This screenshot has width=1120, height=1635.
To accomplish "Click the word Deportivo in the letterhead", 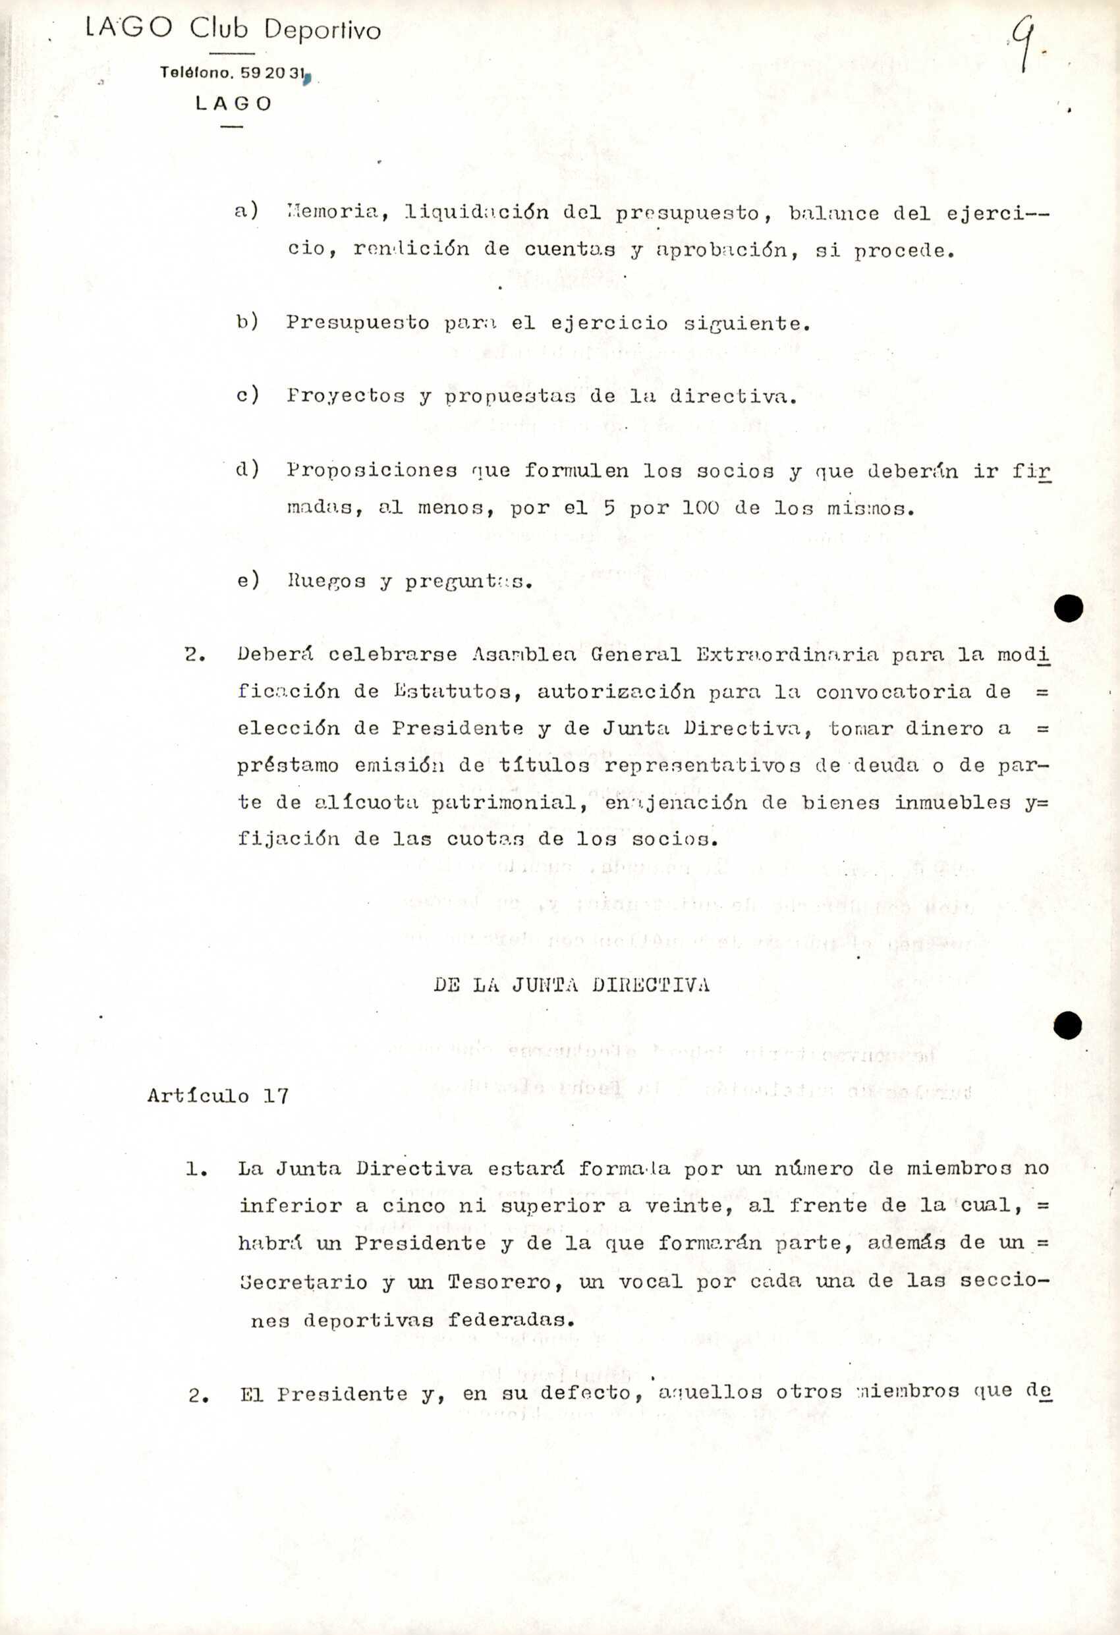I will pyautogui.click(x=322, y=30).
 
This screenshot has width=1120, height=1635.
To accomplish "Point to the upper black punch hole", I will pyautogui.click(x=1068, y=608).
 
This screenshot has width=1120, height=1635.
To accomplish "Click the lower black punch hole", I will pyautogui.click(x=1067, y=1025).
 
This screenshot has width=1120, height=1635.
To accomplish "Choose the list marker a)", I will pyautogui.click(x=247, y=210).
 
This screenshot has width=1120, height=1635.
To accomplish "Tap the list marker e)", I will pyautogui.click(x=248, y=580).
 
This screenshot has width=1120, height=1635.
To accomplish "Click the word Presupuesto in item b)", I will pyautogui.click(x=357, y=323).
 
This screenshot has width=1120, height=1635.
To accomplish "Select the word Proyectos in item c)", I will pyautogui.click(x=345, y=396).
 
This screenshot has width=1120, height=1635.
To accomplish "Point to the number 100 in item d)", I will pyautogui.click(x=700, y=508).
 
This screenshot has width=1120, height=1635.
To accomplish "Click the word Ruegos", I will pyautogui.click(x=326, y=582).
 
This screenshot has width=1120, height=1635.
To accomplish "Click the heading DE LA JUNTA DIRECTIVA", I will pyautogui.click(x=571, y=985).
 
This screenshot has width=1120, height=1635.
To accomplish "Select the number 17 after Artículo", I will pyautogui.click(x=276, y=1096).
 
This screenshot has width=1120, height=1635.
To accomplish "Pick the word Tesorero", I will pyautogui.click(x=505, y=1283).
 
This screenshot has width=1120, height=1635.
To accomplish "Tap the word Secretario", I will pyautogui.click(x=303, y=1283).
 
